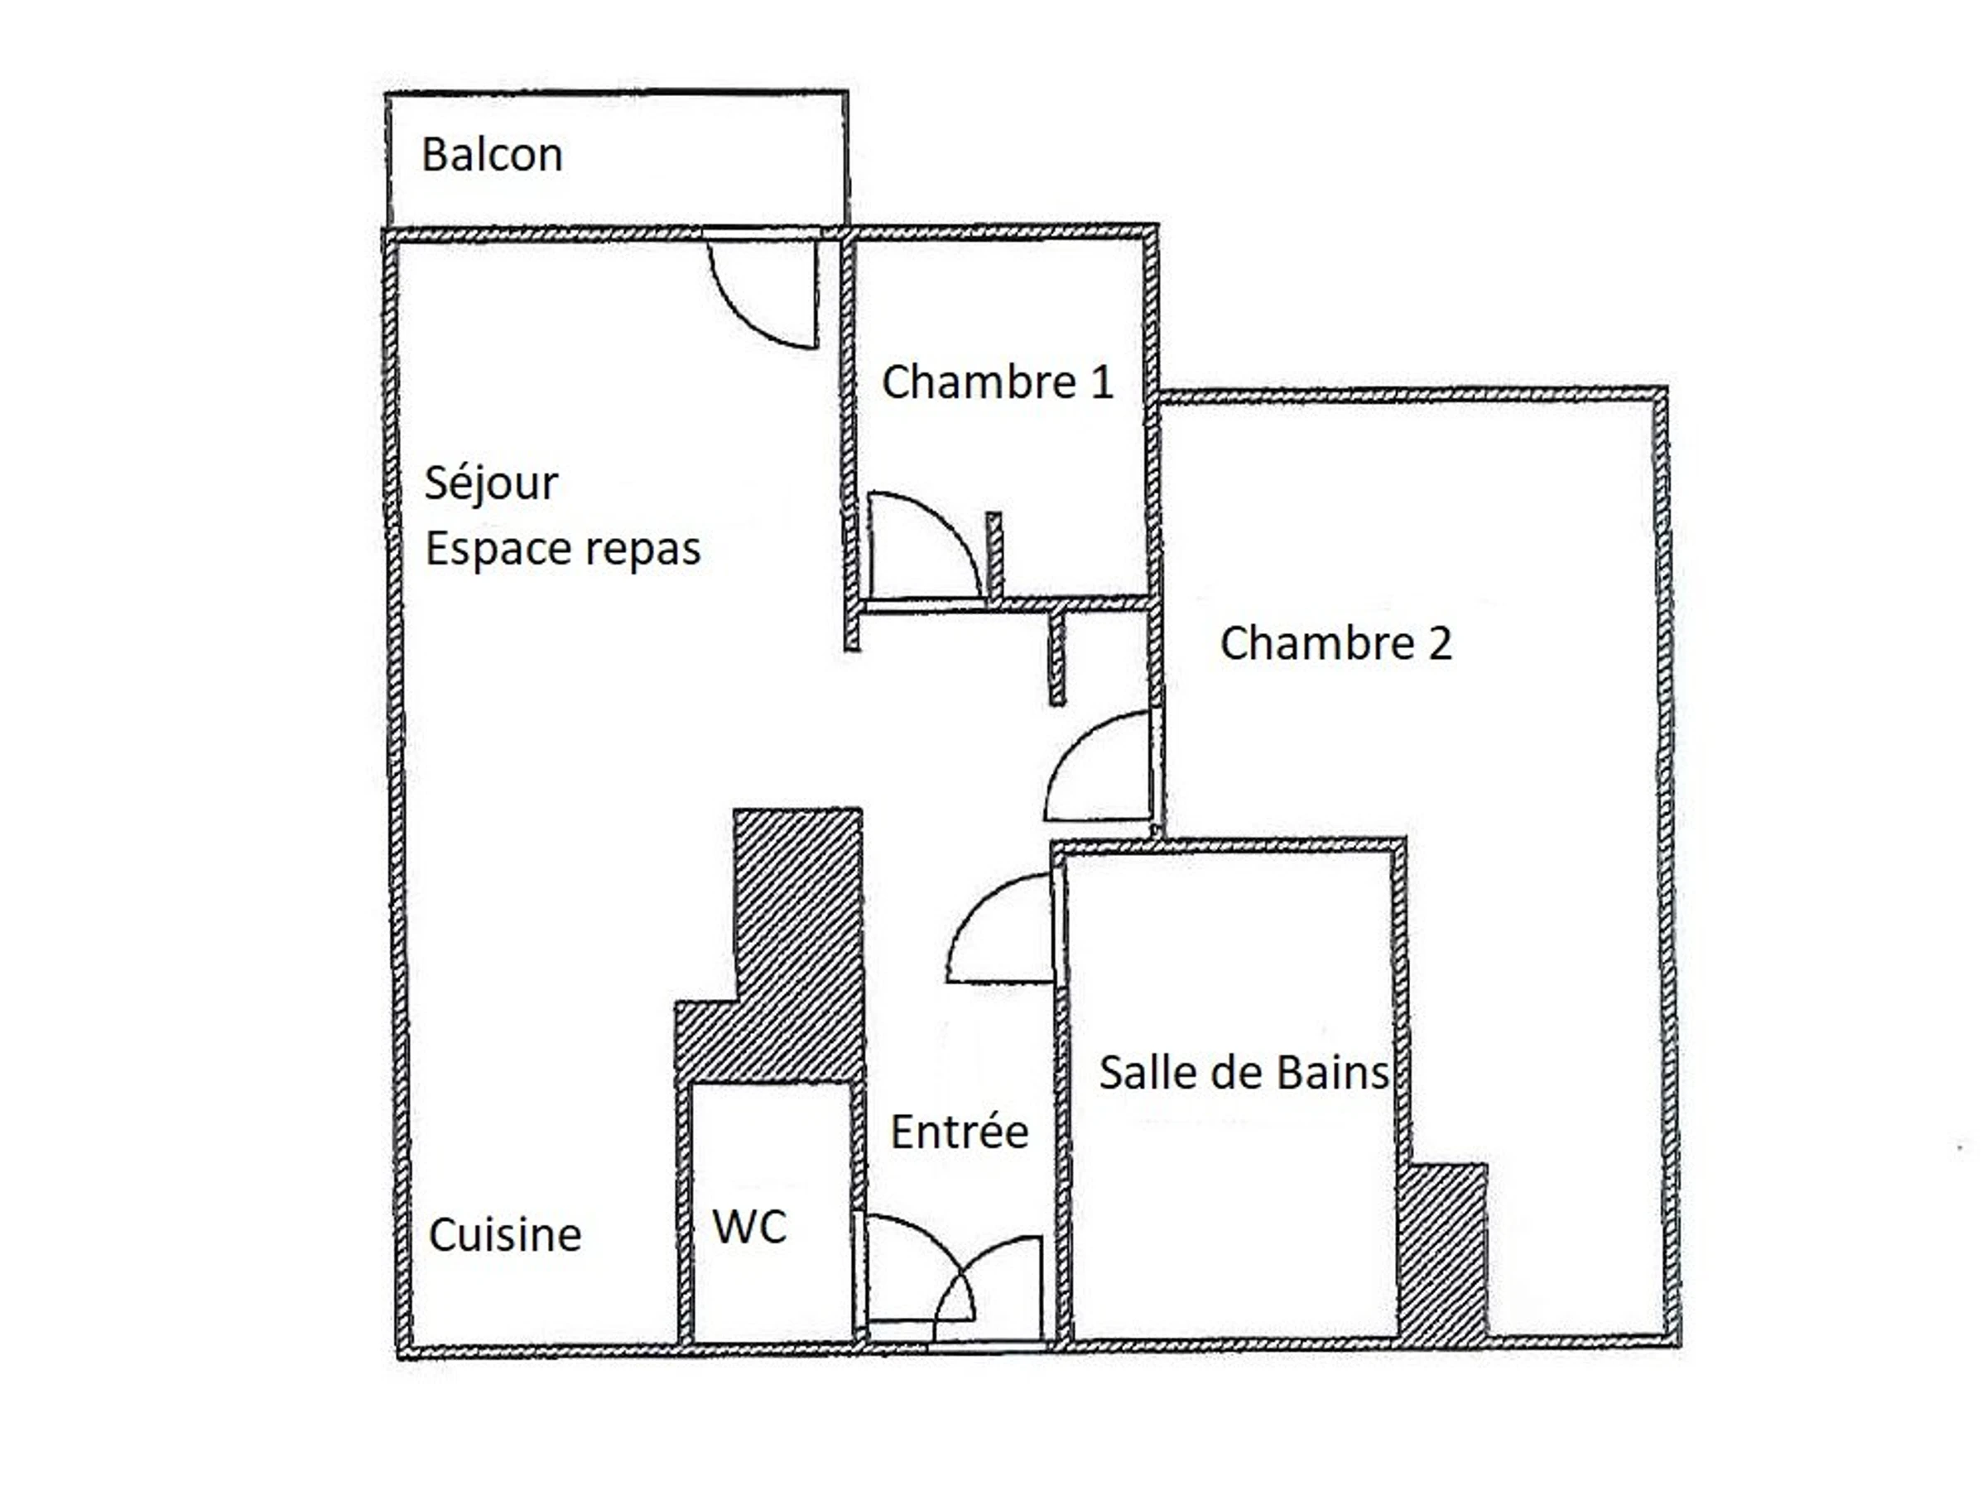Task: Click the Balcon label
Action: tap(493, 155)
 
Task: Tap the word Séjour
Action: tap(490, 484)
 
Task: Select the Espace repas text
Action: tap(562, 550)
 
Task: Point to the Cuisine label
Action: tap(505, 1235)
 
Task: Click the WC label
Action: tap(749, 1226)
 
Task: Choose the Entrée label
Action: tap(960, 1132)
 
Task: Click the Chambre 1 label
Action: tap(997, 382)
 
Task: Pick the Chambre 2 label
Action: tap(1335, 643)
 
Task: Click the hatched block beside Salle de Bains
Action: tap(1441, 1253)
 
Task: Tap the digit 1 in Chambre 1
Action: tap(1102, 382)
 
